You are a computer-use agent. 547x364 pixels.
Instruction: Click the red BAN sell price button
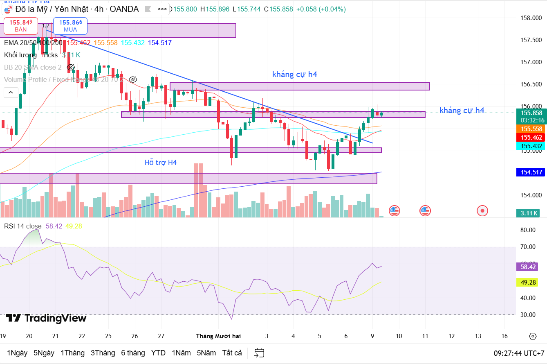tap(21, 25)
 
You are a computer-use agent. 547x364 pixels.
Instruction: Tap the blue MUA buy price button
tap(70, 25)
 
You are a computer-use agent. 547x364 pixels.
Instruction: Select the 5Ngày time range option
tap(44, 353)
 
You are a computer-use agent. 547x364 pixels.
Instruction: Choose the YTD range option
tap(158, 353)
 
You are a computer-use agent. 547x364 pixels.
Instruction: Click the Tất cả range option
tap(232, 353)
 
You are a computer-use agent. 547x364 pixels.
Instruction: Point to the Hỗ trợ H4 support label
tap(161, 163)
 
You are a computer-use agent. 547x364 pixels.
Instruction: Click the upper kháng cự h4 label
tap(294, 74)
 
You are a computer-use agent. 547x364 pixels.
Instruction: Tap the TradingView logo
tap(46, 318)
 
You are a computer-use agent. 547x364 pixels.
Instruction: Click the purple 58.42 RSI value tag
tap(529, 267)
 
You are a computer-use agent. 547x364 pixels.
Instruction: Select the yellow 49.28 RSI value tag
tap(529, 282)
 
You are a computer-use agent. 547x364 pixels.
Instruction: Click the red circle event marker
tap(482, 211)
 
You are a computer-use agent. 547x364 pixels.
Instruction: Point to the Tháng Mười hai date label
tap(218, 336)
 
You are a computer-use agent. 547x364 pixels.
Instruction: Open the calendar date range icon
tap(259, 353)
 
